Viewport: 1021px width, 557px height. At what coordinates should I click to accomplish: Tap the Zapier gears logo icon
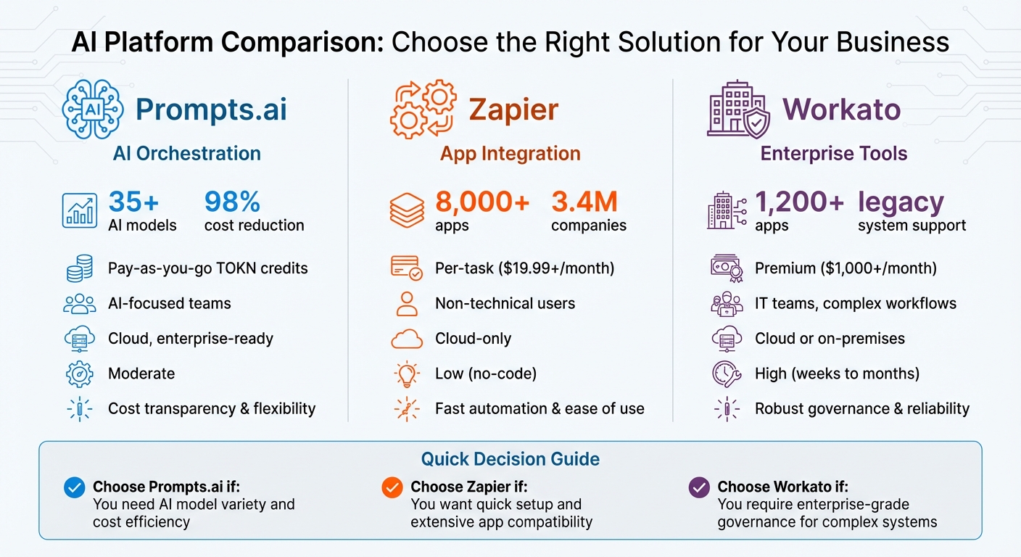point(423,110)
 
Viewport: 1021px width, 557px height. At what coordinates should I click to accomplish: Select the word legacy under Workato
point(901,202)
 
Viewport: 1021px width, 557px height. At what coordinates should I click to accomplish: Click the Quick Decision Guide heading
point(510,459)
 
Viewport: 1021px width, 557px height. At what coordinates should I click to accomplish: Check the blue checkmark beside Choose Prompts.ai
point(75,488)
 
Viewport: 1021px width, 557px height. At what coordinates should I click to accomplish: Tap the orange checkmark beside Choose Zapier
point(392,488)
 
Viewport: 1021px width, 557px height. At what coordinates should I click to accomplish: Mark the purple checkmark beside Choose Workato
point(698,488)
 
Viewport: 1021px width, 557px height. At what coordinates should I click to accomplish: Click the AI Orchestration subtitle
point(187,154)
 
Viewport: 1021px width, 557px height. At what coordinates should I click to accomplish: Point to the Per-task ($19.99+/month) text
point(524,268)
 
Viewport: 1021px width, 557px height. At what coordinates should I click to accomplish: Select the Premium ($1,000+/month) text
point(846,268)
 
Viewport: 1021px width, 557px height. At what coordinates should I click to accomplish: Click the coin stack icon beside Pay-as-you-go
point(79,268)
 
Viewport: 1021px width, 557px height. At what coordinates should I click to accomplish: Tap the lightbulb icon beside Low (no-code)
point(407,374)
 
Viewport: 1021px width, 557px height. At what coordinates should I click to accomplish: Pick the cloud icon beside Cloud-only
point(407,339)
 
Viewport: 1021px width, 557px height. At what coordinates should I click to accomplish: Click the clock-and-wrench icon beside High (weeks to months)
point(726,374)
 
